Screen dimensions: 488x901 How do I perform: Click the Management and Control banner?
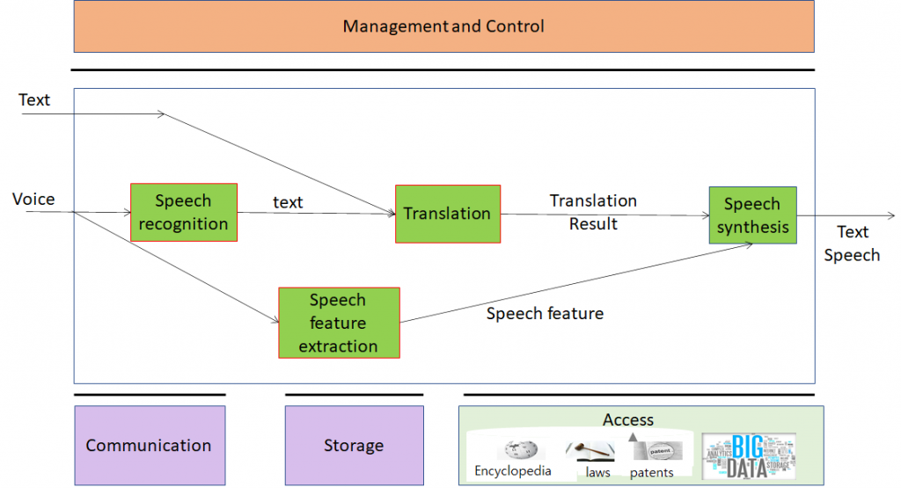[x=443, y=26]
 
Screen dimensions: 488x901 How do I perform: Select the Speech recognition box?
[x=183, y=213]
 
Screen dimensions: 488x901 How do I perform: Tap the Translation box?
[x=447, y=214]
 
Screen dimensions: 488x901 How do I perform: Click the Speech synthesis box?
[x=752, y=215]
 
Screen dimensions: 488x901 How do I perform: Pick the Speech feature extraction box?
[x=339, y=323]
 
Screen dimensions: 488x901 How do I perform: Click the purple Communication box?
[x=149, y=445]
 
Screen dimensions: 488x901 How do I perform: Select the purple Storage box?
[x=354, y=445]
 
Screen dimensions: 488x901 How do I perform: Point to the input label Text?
[x=34, y=100]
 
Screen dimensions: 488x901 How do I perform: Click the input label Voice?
[x=33, y=200]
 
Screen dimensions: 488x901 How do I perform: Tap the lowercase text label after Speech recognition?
[x=288, y=202]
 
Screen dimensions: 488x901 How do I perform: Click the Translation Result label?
[x=593, y=212]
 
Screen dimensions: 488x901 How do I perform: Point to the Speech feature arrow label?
[x=545, y=313]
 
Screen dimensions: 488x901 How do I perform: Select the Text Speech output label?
[x=852, y=244]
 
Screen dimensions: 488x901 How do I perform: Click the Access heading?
[x=628, y=419]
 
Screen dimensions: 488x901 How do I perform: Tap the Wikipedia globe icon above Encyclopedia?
[x=514, y=449]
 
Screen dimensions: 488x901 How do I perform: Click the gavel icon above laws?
[x=589, y=451]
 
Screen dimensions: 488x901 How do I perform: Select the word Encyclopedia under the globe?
[x=513, y=470]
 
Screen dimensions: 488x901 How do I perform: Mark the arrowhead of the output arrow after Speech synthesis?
[x=891, y=215]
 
